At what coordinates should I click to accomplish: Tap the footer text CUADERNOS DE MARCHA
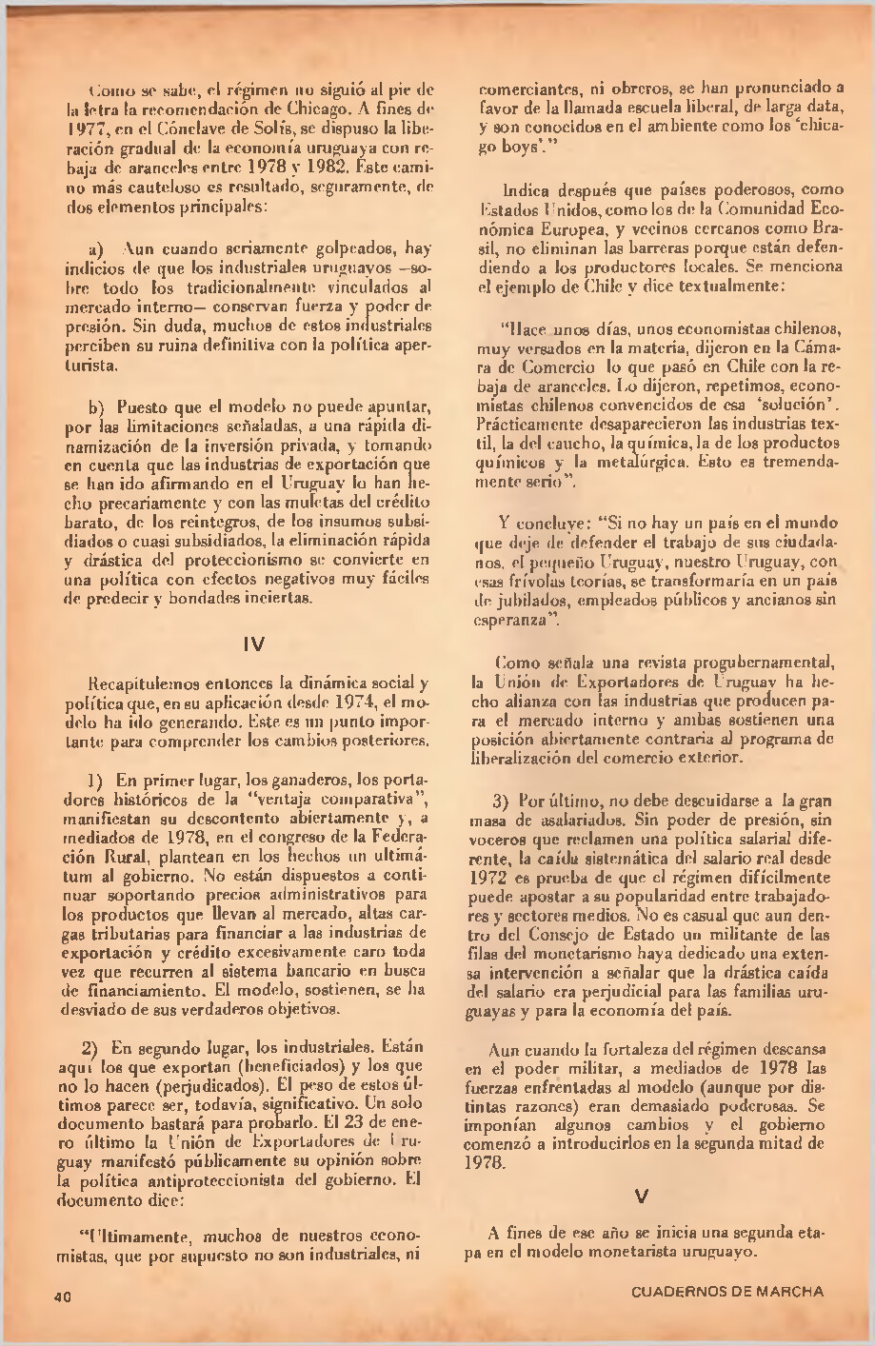[726, 1292]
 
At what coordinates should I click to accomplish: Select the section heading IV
[254, 644]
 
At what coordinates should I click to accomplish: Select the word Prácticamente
[527, 421]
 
